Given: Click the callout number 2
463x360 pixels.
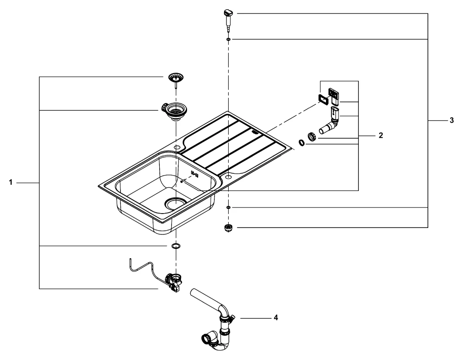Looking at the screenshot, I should pos(381,136).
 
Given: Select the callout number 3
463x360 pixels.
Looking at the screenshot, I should pos(451,120).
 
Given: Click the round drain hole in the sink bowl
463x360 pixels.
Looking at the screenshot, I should pos(175,202).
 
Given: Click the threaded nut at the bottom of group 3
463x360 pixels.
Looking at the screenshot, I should pos(228,227).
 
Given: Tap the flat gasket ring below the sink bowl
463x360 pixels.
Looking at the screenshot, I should pos(175,245).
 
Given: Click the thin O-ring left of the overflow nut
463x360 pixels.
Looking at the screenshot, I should pos(301,143).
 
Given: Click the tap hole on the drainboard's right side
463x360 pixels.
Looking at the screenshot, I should pos(228,177).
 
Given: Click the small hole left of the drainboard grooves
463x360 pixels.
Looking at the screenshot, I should pos(176,147).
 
